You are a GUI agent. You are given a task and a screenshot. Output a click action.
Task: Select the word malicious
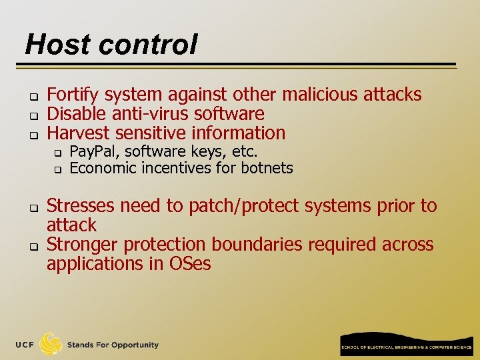[x=319, y=95]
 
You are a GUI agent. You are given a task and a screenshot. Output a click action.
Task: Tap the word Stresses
[x=83, y=206]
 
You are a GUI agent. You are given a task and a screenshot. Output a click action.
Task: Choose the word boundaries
[x=256, y=245]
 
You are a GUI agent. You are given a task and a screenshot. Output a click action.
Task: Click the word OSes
[x=189, y=264]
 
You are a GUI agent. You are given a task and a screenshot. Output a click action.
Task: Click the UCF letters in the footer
[x=25, y=345]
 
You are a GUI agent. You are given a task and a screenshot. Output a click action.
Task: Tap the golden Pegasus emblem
[x=51, y=343]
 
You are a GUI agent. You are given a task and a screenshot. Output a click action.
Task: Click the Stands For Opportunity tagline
[x=113, y=345]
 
